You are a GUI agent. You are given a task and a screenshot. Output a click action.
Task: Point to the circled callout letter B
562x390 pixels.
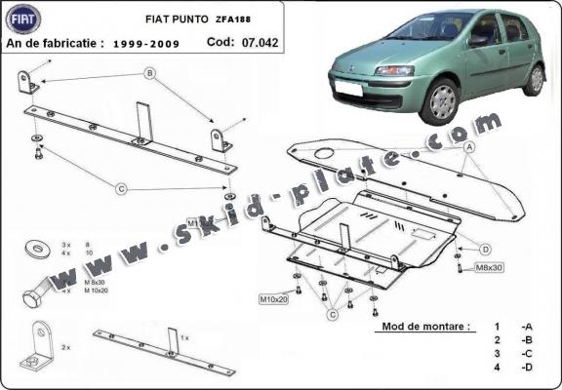(150, 74)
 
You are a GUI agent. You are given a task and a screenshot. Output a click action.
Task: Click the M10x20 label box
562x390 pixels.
(273, 298)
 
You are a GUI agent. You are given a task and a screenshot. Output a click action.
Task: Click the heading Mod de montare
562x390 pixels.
(415, 326)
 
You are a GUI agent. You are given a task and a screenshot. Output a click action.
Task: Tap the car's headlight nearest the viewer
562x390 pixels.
(395, 71)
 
